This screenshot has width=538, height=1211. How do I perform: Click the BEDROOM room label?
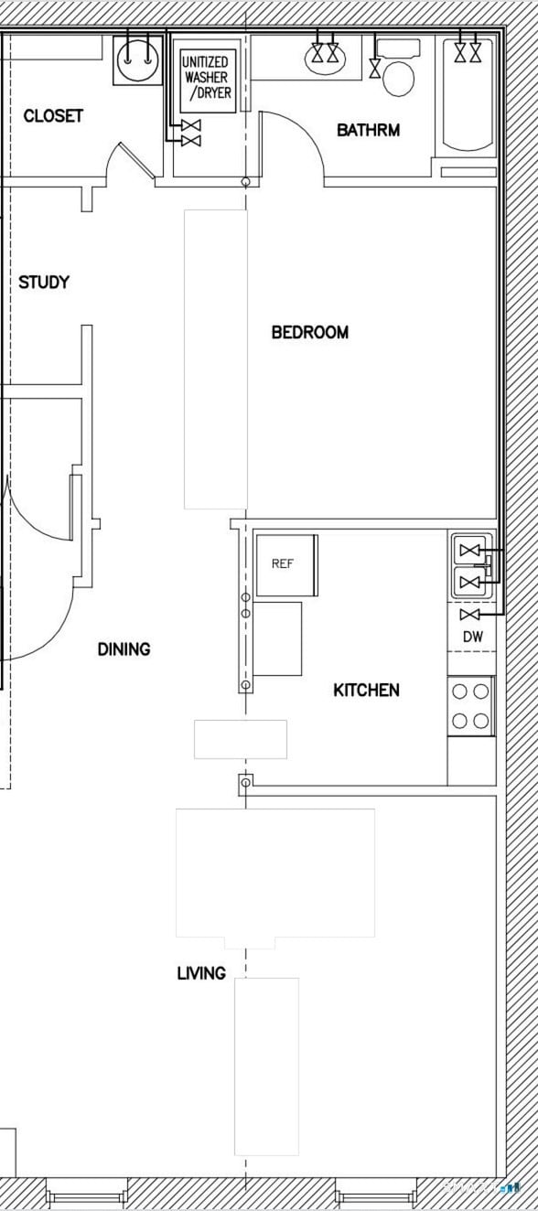(x=309, y=332)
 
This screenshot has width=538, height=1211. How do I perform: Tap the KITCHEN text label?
(x=366, y=690)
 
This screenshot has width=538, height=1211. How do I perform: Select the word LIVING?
(x=201, y=973)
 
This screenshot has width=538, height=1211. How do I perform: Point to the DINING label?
(x=124, y=649)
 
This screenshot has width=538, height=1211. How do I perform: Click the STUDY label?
(x=44, y=283)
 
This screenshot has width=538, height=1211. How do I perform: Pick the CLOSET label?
(x=53, y=116)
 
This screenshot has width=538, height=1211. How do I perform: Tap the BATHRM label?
(x=368, y=130)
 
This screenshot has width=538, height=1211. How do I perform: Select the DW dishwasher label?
(x=472, y=637)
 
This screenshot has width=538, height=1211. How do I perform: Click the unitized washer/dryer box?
(x=207, y=80)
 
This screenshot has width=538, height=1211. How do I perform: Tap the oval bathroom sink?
(x=326, y=58)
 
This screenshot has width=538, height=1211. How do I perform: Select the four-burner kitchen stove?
(x=471, y=706)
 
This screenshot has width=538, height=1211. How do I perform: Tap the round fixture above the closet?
(x=137, y=61)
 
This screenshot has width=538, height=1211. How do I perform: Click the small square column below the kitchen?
(x=245, y=782)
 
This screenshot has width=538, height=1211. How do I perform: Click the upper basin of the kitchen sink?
(x=470, y=551)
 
